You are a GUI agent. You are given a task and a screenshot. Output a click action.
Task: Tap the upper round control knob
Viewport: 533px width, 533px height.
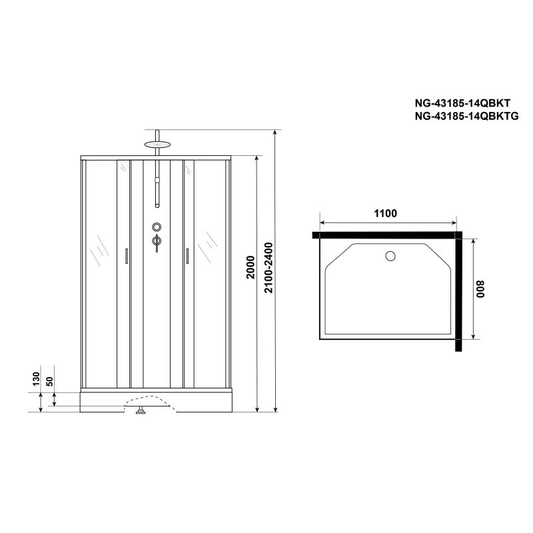(x=157, y=227)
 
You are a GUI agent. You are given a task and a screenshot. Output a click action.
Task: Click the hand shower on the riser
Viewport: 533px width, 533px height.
(x=157, y=190)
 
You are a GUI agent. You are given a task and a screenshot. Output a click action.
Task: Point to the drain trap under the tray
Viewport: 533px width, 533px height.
(x=141, y=411)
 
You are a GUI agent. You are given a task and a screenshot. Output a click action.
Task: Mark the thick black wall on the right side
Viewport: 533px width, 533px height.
(x=459, y=293)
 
